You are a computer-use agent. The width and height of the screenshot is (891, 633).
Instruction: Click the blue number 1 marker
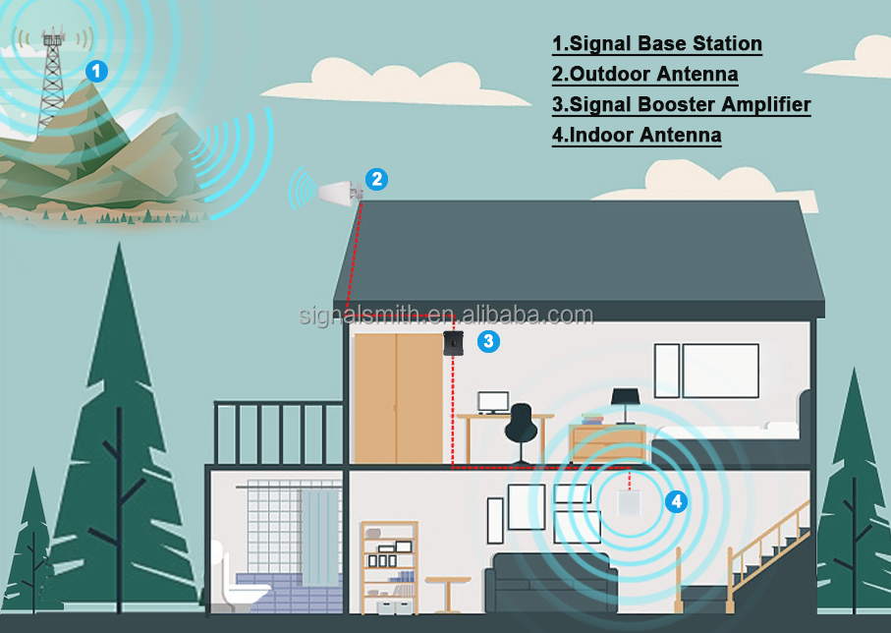pyautogui.click(x=95, y=71)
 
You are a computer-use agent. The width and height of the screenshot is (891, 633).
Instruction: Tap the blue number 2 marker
pyautogui.click(x=376, y=179)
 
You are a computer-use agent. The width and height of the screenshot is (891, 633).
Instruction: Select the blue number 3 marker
pyautogui.click(x=487, y=341)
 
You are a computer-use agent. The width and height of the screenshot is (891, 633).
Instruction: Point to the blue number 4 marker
pyautogui.click(x=675, y=501)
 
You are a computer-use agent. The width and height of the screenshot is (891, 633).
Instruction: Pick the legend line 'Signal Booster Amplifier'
pyautogui.click(x=681, y=105)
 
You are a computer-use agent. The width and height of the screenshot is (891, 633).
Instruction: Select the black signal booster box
pyautogui.click(x=454, y=344)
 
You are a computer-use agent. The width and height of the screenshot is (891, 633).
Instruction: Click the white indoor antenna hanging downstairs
pyautogui.click(x=629, y=504)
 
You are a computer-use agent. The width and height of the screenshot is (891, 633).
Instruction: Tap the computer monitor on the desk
pyautogui.click(x=493, y=402)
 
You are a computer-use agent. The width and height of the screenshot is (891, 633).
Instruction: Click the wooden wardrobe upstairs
pyautogui.click(x=398, y=397)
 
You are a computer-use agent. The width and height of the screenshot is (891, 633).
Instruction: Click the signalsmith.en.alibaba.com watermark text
pyautogui.click(x=446, y=316)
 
